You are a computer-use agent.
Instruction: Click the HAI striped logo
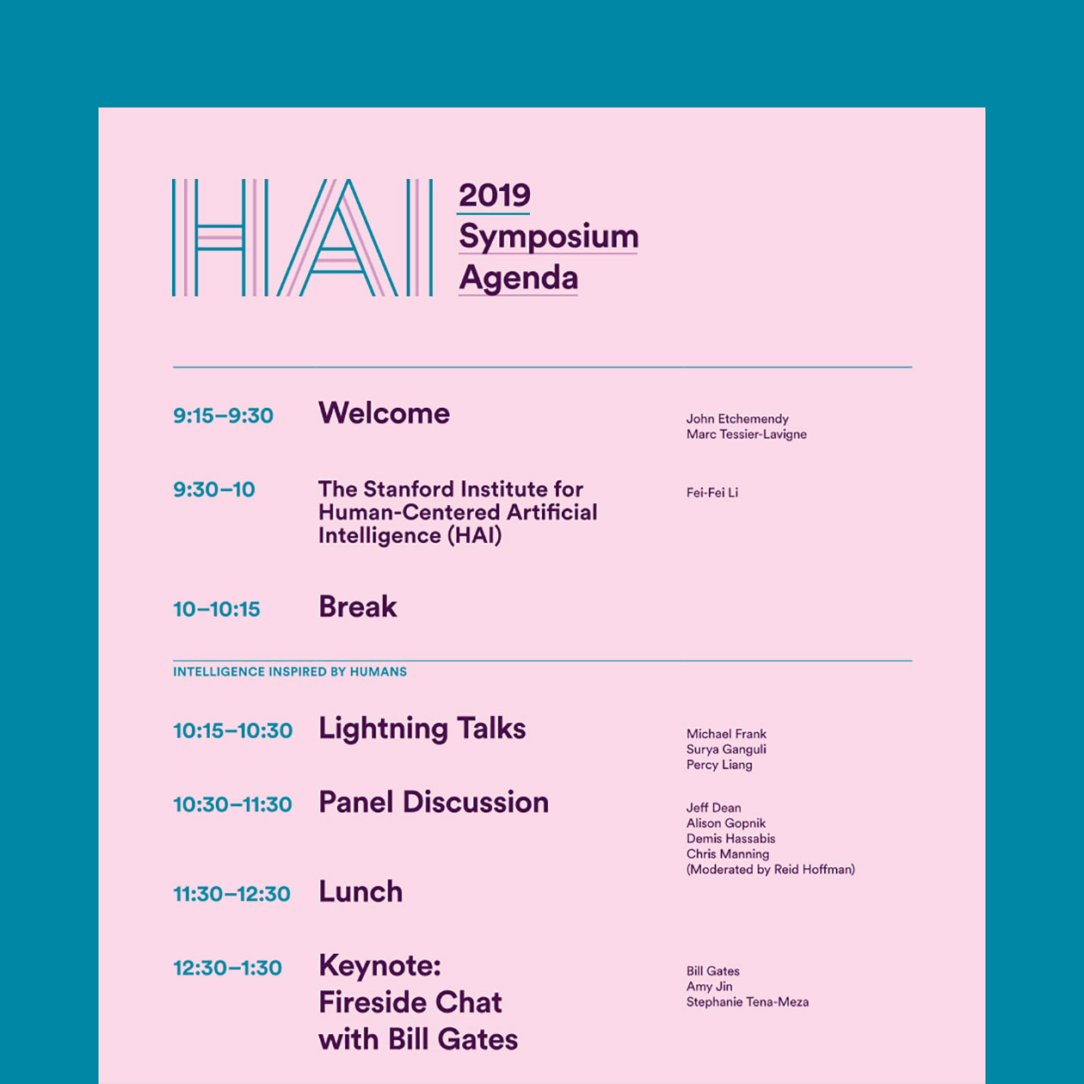pyautogui.click(x=302, y=237)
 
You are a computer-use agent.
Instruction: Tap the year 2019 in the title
pyautogui.click(x=495, y=195)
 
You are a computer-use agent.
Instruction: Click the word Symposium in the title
pyautogui.click(x=549, y=237)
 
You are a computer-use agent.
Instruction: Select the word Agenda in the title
pyautogui.click(x=518, y=278)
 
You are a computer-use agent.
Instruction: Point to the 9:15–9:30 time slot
pyautogui.click(x=224, y=416)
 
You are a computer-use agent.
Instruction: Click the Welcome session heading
pyautogui.click(x=384, y=414)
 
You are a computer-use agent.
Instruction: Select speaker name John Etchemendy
pyautogui.click(x=737, y=418)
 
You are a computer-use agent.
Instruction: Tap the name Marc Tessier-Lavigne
pyautogui.click(x=746, y=434)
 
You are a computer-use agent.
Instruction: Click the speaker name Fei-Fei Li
pyautogui.click(x=711, y=493)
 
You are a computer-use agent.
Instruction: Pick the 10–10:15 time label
pyautogui.click(x=217, y=609)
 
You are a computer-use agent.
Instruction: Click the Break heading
pyautogui.click(x=358, y=607)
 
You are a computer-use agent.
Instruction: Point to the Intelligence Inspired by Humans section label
pyautogui.click(x=290, y=672)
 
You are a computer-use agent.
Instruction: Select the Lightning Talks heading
pyautogui.click(x=422, y=729)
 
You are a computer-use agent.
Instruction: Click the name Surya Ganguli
pyautogui.click(x=725, y=749)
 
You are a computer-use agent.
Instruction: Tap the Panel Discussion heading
pyautogui.click(x=433, y=802)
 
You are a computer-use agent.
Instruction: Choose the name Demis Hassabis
pyautogui.click(x=730, y=839)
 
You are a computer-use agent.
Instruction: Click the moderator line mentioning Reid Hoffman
pyautogui.click(x=770, y=870)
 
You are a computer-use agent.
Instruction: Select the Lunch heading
pyautogui.click(x=360, y=892)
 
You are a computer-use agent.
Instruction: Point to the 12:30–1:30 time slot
pyautogui.click(x=227, y=968)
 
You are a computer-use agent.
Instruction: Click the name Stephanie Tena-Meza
pyautogui.click(x=747, y=1002)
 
